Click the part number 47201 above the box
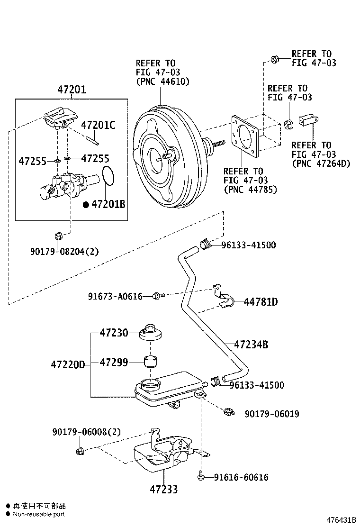[x=72, y=89]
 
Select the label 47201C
[x=98, y=126]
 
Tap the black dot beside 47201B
[x=86, y=205]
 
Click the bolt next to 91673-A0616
[x=158, y=296]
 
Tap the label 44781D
[x=261, y=302]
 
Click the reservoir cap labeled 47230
[x=151, y=333]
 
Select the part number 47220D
[x=68, y=364]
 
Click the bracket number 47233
[x=164, y=489]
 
